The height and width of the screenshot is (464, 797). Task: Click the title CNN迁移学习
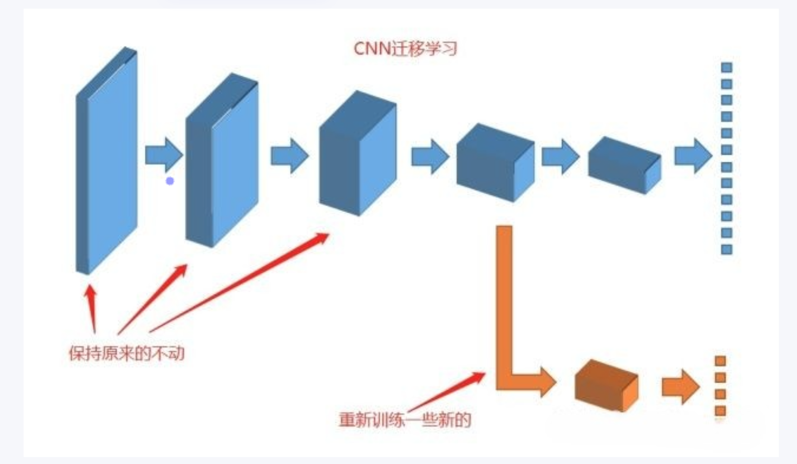point(405,48)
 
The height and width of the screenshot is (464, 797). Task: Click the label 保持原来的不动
point(127,353)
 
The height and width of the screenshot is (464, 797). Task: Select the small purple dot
point(170,181)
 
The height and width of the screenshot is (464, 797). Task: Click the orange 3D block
point(606,386)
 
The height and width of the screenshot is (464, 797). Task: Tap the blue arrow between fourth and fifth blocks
point(560,157)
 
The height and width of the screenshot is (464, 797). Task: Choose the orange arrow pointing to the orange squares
point(680,387)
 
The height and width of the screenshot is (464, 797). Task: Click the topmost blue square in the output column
point(726,68)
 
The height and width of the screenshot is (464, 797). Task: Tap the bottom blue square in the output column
point(726,249)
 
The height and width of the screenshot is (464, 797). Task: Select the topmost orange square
point(720,361)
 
